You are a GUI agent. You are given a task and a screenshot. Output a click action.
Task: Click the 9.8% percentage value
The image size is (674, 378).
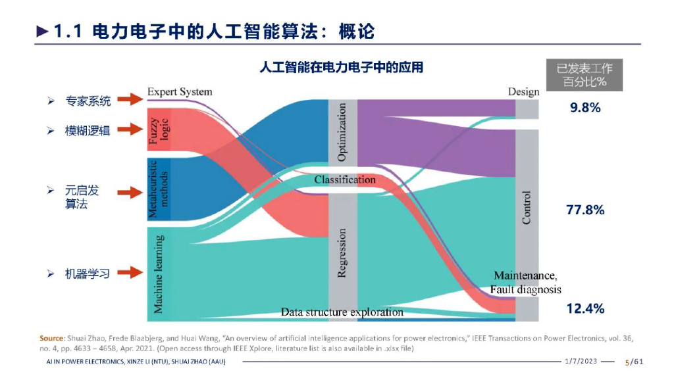(585, 108)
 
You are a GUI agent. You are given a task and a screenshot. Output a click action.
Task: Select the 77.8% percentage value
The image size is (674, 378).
(585, 210)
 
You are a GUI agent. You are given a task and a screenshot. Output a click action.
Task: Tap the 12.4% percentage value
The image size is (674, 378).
(585, 308)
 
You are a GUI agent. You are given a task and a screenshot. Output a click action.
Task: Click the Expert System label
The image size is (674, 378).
(180, 91)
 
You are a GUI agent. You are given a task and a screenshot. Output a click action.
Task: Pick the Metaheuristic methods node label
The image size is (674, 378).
(159, 189)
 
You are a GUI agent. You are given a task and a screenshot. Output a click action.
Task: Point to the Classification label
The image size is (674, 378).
(345, 179)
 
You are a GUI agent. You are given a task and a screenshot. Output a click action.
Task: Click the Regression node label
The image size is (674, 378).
(342, 253)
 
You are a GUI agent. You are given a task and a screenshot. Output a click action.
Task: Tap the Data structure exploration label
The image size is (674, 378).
(342, 312)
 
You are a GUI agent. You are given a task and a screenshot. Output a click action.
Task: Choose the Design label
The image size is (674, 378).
(523, 91)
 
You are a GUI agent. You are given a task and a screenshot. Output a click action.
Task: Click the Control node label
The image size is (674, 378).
(527, 208)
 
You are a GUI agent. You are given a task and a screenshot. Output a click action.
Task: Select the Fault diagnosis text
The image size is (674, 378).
(525, 289)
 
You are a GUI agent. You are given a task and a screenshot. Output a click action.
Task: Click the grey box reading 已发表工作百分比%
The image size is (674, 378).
(584, 75)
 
